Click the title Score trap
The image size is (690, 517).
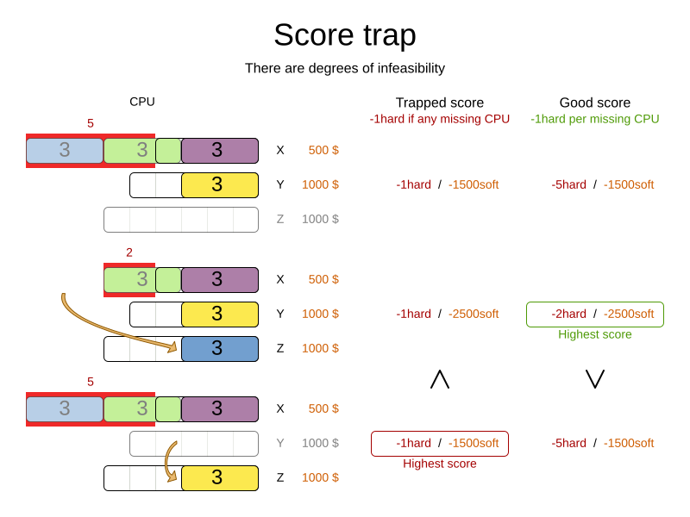tap(344, 35)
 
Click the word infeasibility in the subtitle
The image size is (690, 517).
tap(403, 69)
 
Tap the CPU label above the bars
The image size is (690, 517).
tap(142, 102)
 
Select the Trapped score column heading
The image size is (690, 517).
tap(439, 103)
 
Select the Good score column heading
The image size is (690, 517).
tap(594, 103)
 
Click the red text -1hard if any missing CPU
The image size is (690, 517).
tap(439, 119)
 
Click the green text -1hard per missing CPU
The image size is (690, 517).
tap(594, 119)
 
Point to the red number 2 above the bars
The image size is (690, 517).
tap(129, 252)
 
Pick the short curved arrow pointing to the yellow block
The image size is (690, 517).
tap(169, 461)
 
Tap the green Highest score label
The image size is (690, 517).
tap(594, 334)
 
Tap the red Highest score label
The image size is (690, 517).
tap(439, 464)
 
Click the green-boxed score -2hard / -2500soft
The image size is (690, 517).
tap(594, 314)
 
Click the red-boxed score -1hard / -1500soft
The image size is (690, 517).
tap(439, 443)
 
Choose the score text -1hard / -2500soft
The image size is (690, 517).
tap(447, 314)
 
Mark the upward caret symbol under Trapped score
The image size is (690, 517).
tap(440, 379)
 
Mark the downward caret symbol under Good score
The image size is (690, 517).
tap(594, 379)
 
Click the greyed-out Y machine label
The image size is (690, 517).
tap(279, 443)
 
